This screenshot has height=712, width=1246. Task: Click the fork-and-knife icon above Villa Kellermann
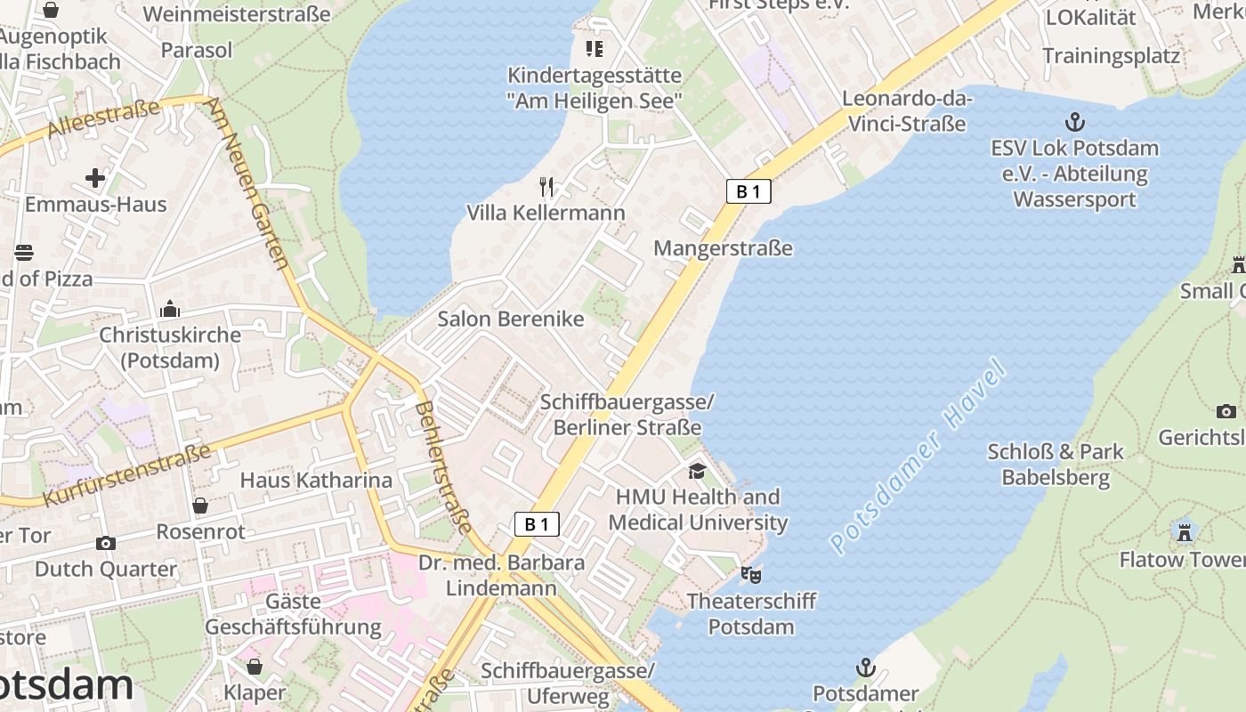(546, 187)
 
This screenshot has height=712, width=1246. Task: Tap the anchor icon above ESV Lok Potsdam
(1075, 122)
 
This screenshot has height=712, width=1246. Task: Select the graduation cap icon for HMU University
(698, 471)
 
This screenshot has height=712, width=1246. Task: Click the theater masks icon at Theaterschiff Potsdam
(751, 575)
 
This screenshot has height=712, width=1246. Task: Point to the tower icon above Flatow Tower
(1184, 532)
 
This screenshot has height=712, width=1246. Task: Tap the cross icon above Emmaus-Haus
(95, 178)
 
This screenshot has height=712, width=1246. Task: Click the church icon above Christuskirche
(169, 309)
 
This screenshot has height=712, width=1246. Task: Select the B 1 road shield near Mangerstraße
(748, 191)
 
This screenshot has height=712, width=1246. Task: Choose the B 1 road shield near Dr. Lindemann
(537, 524)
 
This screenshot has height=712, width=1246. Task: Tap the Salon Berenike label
(511, 319)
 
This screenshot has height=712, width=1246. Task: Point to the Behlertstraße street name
(443, 467)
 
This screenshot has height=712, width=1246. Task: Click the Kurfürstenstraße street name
(126, 473)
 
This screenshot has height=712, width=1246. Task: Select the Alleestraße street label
(103, 117)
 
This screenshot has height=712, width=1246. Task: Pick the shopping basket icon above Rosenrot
(200, 506)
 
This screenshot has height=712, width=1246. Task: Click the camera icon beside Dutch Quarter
(106, 543)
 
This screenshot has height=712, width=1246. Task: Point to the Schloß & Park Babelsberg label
(1056, 465)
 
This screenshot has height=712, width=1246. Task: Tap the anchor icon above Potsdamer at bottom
(865, 667)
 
